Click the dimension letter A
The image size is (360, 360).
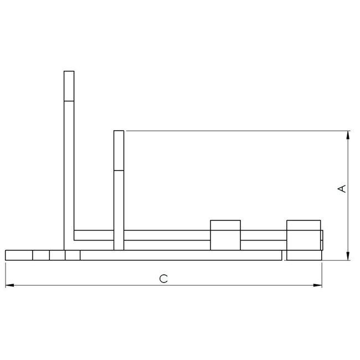[x=342, y=189]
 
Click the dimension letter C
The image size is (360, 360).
[x=163, y=279]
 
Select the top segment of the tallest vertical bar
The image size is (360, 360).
[x=69, y=86]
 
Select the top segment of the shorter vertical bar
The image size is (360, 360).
[x=119, y=150]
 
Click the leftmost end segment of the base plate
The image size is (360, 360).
[x=19, y=255]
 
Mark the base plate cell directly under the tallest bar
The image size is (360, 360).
[x=73, y=255]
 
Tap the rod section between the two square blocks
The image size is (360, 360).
[x=263, y=235]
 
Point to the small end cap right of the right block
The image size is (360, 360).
[x=322, y=240]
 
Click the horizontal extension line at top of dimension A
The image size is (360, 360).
[x=233, y=131]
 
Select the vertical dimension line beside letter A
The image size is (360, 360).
[x=348, y=222]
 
